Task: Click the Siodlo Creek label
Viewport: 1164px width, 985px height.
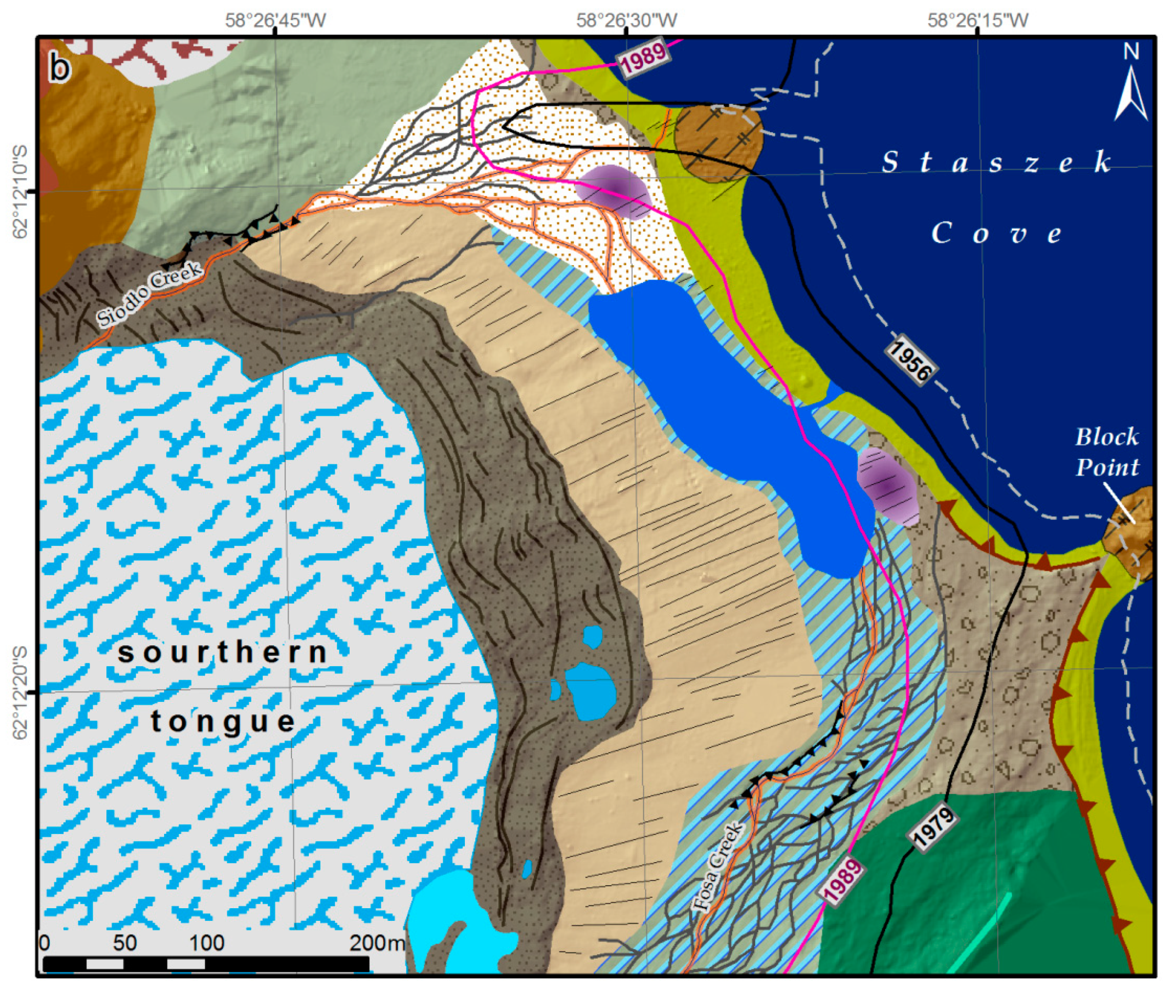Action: point(149,294)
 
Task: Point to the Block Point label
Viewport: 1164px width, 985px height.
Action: point(1106,452)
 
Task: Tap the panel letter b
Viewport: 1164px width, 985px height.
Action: point(60,68)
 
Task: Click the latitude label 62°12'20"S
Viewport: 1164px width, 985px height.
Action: point(20,693)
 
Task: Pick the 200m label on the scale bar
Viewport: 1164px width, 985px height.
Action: point(376,943)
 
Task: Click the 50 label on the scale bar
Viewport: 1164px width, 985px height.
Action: point(124,943)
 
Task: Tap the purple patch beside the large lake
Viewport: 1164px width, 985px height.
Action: point(887,486)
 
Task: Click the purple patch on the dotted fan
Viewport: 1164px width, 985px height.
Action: point(615,192)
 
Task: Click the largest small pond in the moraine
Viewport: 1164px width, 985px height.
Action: point(591,691)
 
